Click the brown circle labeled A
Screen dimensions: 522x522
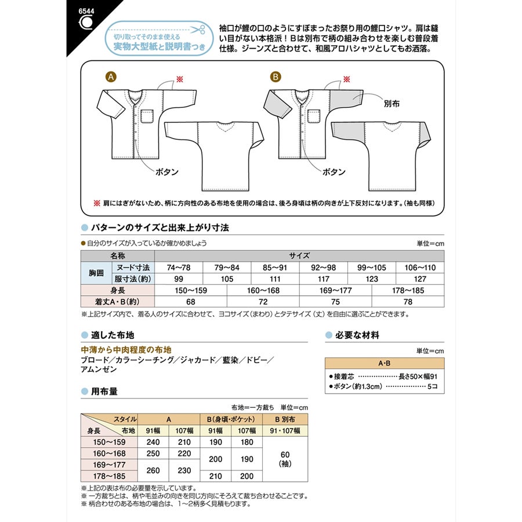click(x=110, y=76)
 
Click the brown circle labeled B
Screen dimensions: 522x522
click(x=275, y=76)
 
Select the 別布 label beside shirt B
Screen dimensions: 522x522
click(x=392, y=107)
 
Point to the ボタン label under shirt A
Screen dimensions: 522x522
click(x=167, y=172)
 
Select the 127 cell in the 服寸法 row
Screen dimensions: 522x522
click(x=419, y=279)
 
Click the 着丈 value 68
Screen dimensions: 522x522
click(x=191, y=302)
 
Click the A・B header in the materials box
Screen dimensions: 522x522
click(x=385, y=364)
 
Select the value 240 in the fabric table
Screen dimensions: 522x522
click(x=154, y=441)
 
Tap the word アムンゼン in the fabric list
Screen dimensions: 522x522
click(x=99, y=370)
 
